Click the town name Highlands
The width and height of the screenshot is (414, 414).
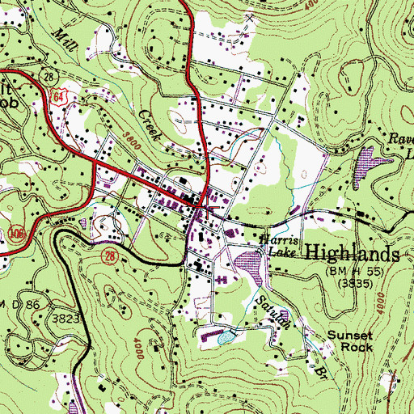tap(353, 253)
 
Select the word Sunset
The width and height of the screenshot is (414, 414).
tap(350, 333)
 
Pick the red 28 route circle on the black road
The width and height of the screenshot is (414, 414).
tap(108, 256)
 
